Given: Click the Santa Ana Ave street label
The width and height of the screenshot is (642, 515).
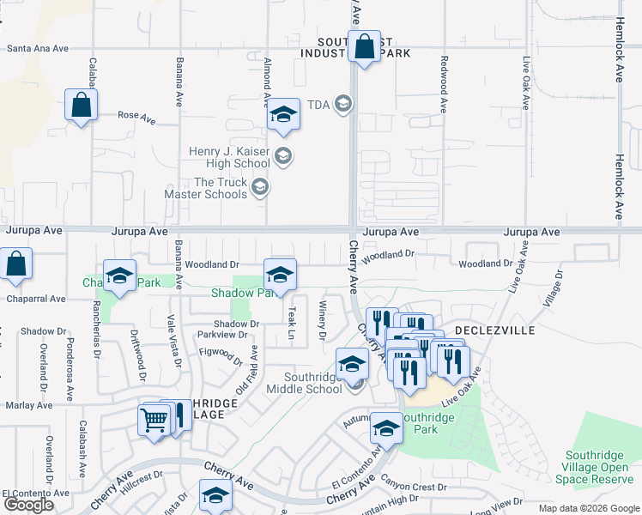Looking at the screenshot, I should tap(38, 49).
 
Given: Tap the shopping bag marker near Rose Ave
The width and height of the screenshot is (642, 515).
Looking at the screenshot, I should tap(81, 106).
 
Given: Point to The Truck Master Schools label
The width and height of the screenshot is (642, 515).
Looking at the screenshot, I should tap(221, 188).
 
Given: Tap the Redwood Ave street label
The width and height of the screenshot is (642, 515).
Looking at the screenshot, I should tap(444, 84).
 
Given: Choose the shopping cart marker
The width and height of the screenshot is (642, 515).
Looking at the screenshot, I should tap(154, 420).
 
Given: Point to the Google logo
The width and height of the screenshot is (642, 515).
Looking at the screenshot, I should tap(28, 504).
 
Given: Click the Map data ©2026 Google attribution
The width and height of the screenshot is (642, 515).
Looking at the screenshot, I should tap(588, 508).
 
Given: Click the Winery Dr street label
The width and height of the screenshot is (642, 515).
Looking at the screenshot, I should tap(324, 319).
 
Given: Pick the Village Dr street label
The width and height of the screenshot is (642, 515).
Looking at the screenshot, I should tap(553, 289).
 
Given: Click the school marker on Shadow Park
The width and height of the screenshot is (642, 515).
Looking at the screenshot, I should tap(280, 275).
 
